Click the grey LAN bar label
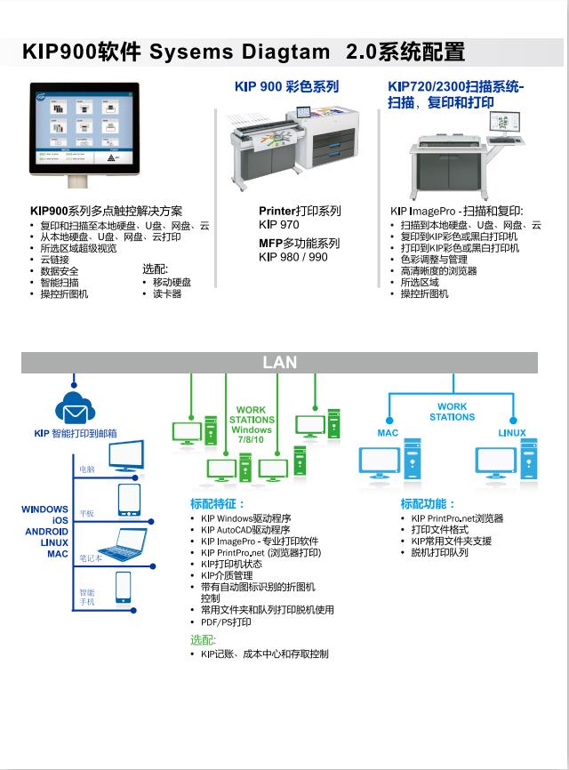pos(279,363)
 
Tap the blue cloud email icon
pos(75,407)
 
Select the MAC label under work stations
pos(388,433)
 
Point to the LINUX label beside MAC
pos(511,433)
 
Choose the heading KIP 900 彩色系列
pos(286,87)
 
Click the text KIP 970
pos(279,225)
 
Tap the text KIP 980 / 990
pos(293,257)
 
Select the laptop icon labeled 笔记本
pos(122,544)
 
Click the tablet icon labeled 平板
pos(129,501)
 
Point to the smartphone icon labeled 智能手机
pos(123,588)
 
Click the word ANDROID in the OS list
pos(46,532)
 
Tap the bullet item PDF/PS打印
pos(226,622)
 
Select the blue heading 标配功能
pos(428,504)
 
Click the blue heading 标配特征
pos(217,504)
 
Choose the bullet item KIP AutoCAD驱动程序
pos(245,530)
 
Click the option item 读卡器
pos(166,293)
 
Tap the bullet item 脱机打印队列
pos(439,552)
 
